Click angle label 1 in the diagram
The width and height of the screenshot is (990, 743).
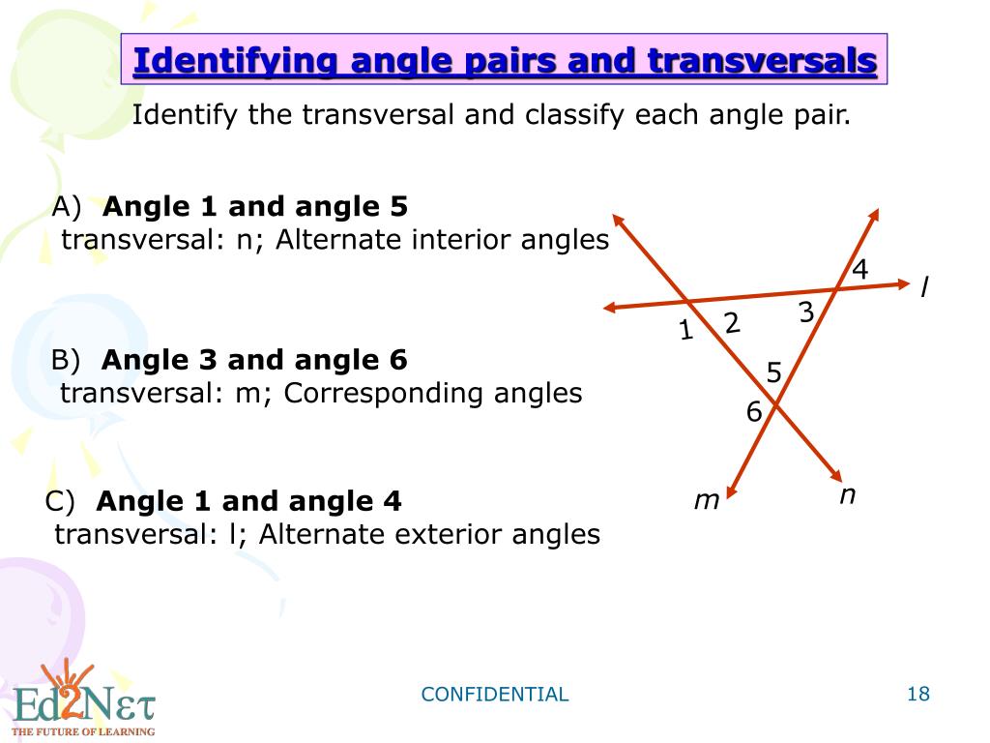pos(686,332)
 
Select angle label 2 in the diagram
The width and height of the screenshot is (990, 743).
pos(732,323)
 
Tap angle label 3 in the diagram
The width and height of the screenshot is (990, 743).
pos(806,312)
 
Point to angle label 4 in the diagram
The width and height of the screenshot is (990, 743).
pos(859,270)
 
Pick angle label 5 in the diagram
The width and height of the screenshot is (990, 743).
pos(773,371)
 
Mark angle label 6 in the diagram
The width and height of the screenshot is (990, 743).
pos(754,412)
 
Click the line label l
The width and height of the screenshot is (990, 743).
pos(924,287)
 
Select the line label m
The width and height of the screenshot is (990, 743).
pos(708,500)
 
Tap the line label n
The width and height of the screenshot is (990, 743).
pos(847,495)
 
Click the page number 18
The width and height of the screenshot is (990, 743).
pos(917,694)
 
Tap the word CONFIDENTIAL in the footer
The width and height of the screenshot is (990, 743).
pos(495,695)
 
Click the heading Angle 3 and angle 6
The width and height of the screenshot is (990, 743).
pos(254,361)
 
